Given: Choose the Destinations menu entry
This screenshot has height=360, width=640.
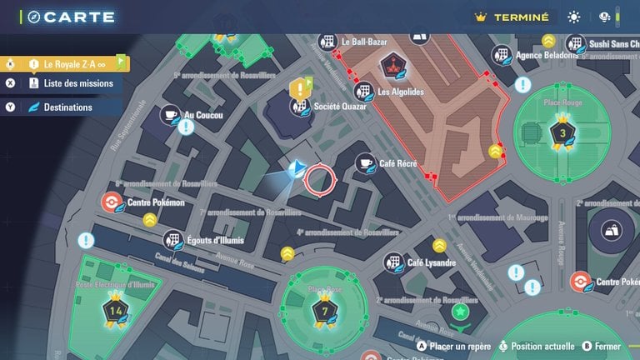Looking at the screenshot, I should tap(67, 107).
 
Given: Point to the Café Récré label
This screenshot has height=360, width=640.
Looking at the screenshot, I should tap(397, 163).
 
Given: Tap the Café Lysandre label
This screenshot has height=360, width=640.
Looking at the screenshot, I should tap(431, 262).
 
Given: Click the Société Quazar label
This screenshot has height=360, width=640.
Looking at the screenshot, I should tap(341, 107).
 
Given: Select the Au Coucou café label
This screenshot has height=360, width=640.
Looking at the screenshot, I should tap(203, 115).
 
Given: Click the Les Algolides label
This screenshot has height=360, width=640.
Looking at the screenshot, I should tap(402, 92).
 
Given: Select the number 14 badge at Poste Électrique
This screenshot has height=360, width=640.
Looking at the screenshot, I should tap(115, 311).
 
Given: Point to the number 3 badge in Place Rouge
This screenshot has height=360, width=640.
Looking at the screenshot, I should tap(562, 132).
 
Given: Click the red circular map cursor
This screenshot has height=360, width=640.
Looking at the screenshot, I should tap(319, 178).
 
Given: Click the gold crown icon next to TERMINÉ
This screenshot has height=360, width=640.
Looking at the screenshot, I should tap(480, 17).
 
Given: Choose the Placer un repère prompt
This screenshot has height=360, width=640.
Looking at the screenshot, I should tap(452, 346).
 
